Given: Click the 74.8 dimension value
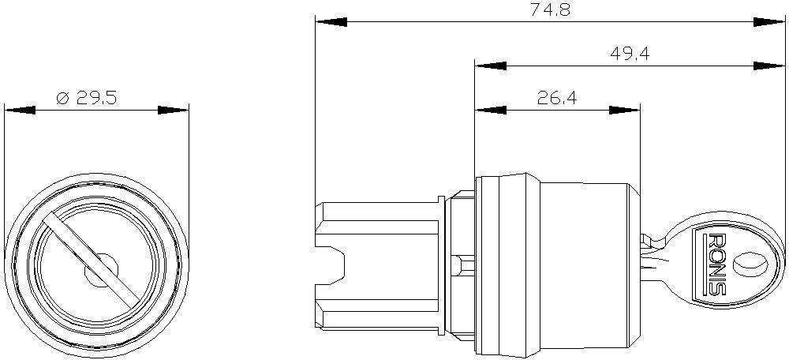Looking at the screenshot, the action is pyautogui.click(x=551, y=9).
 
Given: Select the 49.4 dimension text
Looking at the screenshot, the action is pyautogui.click(x=629, y=53).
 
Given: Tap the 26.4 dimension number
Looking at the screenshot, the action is pyautogui.click(x=557, y=98).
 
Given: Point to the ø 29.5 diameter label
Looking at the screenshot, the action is pyautogui.click(x=87, y=98).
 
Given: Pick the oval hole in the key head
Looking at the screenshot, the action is pyautogui.click(x=750, y=264).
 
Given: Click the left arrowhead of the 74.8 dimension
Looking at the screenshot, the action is pyautogui.click(x=331, y=22).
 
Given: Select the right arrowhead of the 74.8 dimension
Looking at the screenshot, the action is pyautogui.click(x=769, y=22).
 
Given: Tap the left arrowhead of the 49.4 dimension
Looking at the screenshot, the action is pyautogui.click(x=491, y=66).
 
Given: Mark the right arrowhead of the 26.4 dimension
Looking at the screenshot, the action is pyautogui.click(x=624, y=110).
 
